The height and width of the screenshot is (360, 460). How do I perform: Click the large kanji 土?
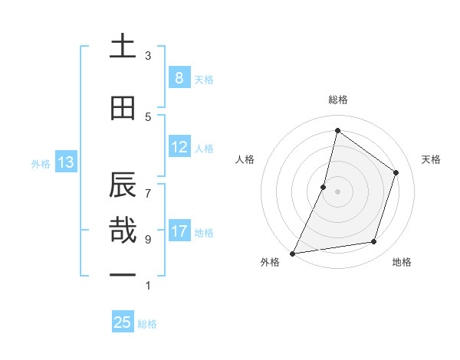coord(123,47)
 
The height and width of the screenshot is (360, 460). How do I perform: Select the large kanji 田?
coord(123,108)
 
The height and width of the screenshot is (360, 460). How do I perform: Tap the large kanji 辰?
coord(123,185)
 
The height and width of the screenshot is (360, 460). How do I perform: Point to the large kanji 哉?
coord(123,231)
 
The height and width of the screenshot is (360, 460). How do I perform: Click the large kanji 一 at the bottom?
coord(123,274)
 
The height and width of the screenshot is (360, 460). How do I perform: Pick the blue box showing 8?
coord(179,78)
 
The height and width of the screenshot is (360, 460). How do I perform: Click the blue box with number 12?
coord(179,147)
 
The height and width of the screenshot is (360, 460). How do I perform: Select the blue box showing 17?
coord(179,231)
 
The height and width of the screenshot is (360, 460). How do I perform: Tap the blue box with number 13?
coord(65,162)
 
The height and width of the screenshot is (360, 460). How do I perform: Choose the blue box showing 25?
coord(123,322)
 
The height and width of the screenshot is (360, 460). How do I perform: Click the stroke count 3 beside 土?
coord(148,56)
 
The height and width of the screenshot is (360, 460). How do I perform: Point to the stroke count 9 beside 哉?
coord(148,240)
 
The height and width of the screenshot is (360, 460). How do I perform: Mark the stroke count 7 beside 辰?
coord(148,186)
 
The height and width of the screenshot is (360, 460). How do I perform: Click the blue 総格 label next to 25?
coord(147,324)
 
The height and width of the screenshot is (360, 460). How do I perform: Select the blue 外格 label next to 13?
coord(40,163)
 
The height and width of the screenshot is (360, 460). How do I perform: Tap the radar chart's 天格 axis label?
coord(431,159)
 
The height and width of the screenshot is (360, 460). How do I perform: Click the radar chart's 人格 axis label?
coord(245,159)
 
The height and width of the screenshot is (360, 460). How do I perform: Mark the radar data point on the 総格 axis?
coord(337,130)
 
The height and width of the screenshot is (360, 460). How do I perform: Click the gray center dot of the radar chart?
coord(337,191)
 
